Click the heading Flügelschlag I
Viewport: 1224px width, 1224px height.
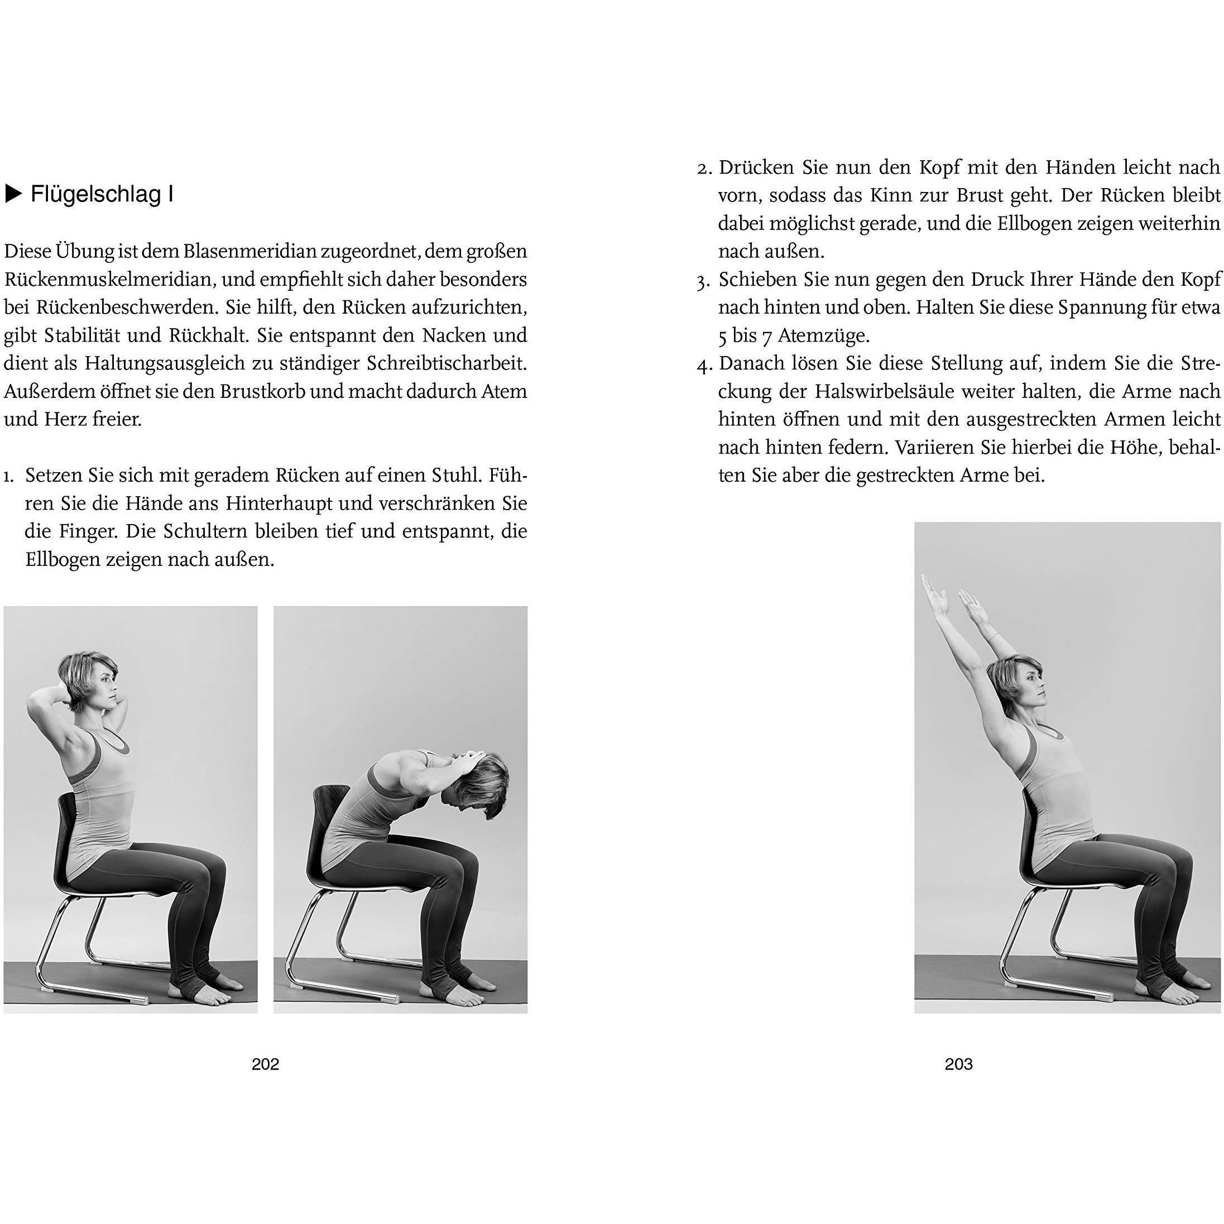102,194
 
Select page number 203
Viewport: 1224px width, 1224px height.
958,1064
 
